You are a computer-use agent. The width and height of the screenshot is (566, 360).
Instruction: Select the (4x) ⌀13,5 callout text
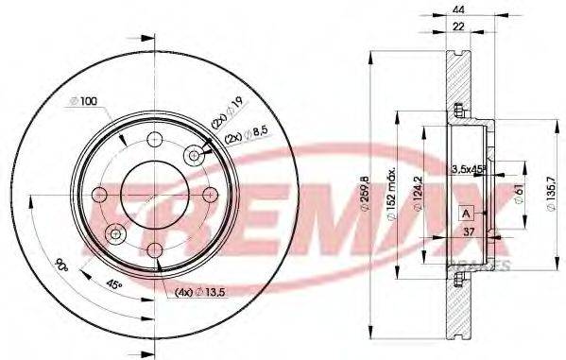pos(196,292)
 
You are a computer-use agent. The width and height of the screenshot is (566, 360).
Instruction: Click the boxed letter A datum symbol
pos(466,214)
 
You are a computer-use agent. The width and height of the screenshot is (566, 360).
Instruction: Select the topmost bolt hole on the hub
pos(153,144)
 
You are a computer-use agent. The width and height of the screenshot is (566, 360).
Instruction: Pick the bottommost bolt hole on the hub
pos(153,249)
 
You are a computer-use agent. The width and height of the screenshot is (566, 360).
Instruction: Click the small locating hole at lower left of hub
pos(115,232)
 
